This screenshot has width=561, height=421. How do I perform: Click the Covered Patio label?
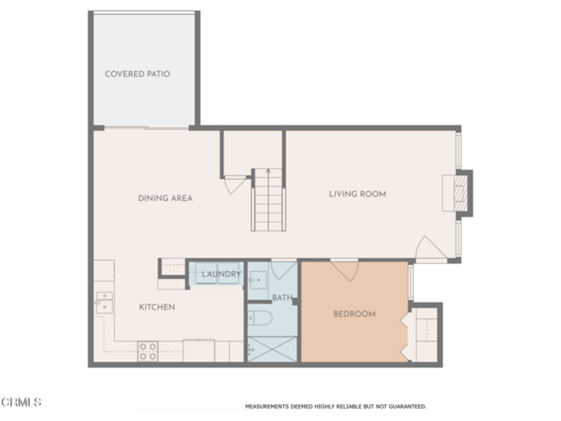137,74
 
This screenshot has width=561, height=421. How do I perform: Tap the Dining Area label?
165,198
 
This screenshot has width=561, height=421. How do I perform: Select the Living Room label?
357,194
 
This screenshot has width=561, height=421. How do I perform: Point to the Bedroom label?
354,313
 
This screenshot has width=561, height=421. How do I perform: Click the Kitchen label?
157,307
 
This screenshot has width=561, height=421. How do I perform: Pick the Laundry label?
221,274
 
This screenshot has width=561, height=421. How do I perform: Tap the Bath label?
282,298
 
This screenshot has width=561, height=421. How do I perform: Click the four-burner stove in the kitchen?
148,352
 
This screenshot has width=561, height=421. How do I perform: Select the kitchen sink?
104,303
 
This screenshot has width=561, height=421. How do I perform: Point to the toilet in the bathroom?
260,318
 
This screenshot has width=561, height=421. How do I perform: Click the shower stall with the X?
273,349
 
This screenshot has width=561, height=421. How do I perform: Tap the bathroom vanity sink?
258,280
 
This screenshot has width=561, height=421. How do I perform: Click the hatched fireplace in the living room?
460,193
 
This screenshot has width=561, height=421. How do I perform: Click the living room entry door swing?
430,247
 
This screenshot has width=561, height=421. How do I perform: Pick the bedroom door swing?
344,271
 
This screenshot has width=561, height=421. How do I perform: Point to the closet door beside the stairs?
235,185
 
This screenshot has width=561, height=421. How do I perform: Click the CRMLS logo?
21,402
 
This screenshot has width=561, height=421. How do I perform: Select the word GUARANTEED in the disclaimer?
408,407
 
